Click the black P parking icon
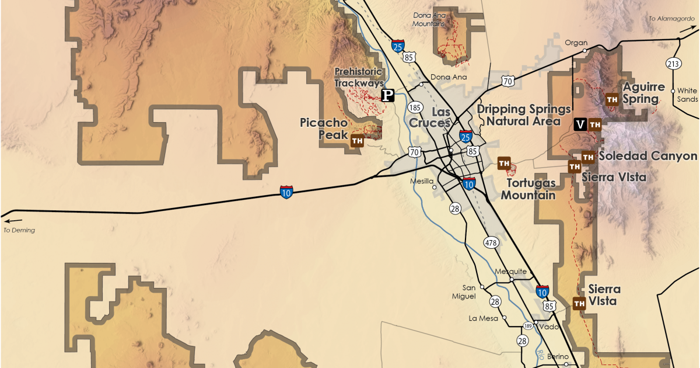(x=387, y=95)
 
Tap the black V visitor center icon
(x=580, y=124)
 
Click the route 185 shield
(x=415, y=107)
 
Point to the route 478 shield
(x=491, y=242)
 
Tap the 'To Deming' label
(x=19, y=230)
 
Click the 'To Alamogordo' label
(x=670, y=19)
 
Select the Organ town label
(x=576, y=43)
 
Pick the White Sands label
(x=687, y=95)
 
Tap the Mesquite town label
(x=510, y=272)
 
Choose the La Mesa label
(x=484, y=318)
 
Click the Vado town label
(x=549, y=327)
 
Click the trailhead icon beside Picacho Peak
(x=357, y=140)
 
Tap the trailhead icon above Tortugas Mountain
(x=504, y=163)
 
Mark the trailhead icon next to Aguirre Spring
(x=612, y=99)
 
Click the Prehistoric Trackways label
(x=359, y=77)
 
